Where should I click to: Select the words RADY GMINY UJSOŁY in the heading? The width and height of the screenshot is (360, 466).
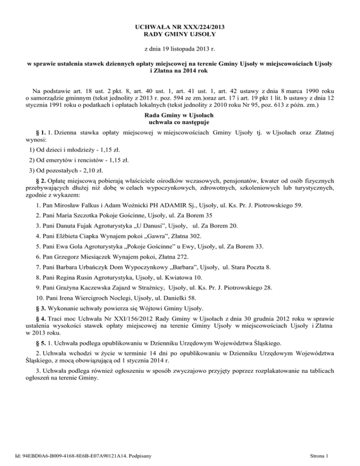click(180, 34)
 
